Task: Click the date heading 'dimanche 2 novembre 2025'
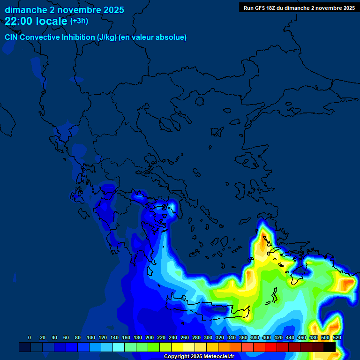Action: [64, 10]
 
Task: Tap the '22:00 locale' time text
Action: [36, 21]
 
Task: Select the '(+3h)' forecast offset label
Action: [79, 21]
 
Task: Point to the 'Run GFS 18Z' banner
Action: [299, 7]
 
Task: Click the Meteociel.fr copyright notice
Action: [199, 357]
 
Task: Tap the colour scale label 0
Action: [30, 337]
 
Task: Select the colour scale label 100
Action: [91, 337]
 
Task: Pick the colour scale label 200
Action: [150, 337]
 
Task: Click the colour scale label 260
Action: [185, 337]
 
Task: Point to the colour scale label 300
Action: [208, 337]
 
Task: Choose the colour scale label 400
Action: [267, 337]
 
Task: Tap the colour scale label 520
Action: [337, 337]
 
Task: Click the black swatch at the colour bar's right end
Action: [330, 347]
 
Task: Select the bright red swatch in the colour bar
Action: [271, 347]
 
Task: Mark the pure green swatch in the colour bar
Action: [154, 347]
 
